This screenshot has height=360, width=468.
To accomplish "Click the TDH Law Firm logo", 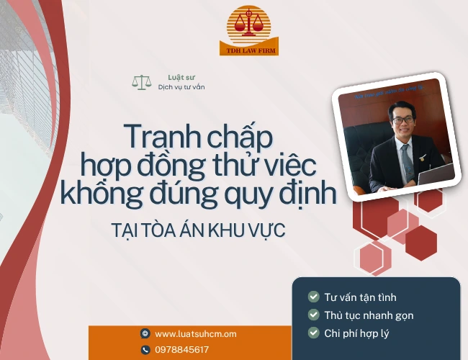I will pyautogui.click(x=248, y=30).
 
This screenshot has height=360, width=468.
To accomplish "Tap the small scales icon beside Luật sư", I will pyautogui.click(x=140, y=82).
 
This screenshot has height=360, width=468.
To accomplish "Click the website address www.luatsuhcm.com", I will pyautogui.click(x=196, y=334).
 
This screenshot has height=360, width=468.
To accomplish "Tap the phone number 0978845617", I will pyautogui.click(x=182, y=350).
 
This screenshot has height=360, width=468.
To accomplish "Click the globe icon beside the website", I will pyautogui.click(x=145, y=334).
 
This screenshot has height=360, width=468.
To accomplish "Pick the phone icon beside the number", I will pyautogui.click(x=145, y=350).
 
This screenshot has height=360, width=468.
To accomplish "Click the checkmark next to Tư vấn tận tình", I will pyautogui.click(x=313, y=297).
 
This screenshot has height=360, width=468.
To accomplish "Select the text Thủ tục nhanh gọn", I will pyautogui.click(x=369, y=315).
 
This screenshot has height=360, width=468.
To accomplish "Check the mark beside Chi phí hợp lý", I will pyautogui.click(x=313, y=333).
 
